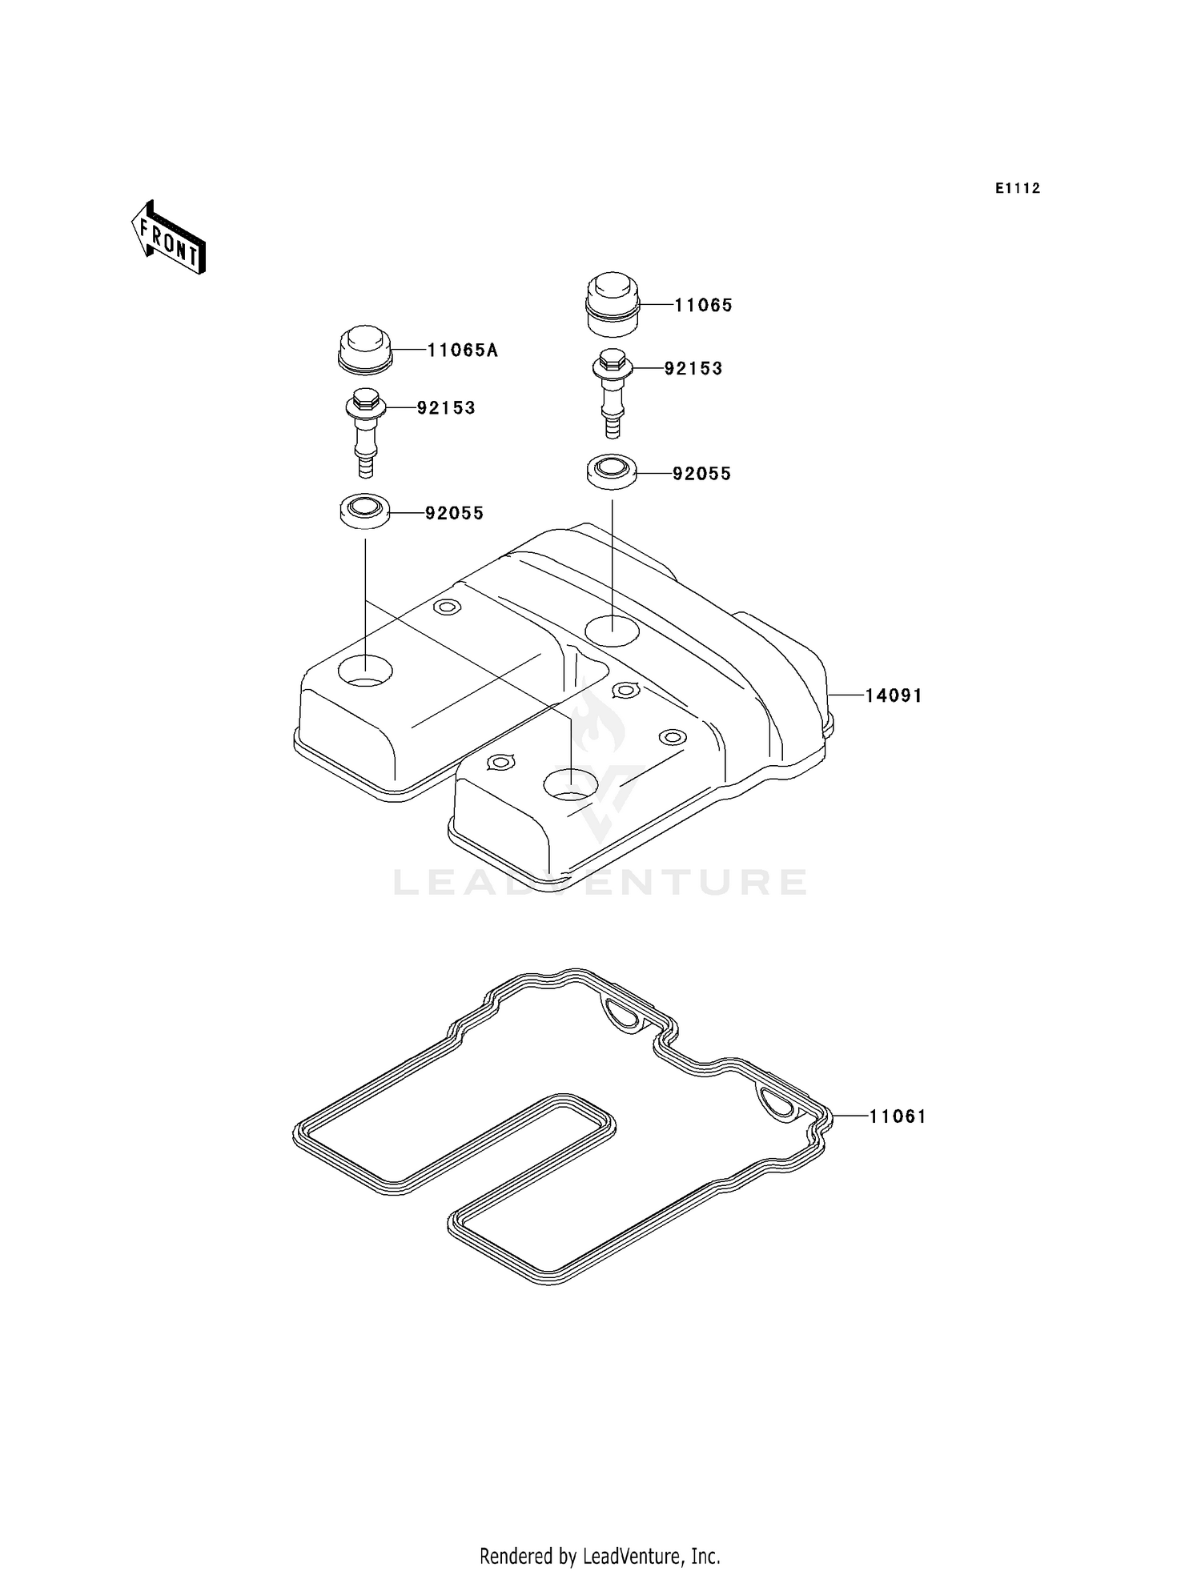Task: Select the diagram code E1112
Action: [x=1018, y=189]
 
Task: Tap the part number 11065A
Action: [x=462, y=351]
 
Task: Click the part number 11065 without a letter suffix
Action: [x=703, y=306]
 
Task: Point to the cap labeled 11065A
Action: [x=364, y=349]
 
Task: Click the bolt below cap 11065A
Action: [x=365, y=432]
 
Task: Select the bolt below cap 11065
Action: [x=613, y=393]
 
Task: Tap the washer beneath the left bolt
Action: [x=365, y=511]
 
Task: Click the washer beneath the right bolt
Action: [x=613, y=471]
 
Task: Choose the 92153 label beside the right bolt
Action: [x=693, y=369]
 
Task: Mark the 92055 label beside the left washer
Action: [x=454, y=514]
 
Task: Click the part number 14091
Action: [x=894, y=696]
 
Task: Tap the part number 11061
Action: [x=898, y=1116]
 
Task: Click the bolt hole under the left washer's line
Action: [x=365, y=670]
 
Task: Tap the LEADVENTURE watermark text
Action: [x=600, y=882]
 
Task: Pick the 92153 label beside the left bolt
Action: [x=446, y=408]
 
